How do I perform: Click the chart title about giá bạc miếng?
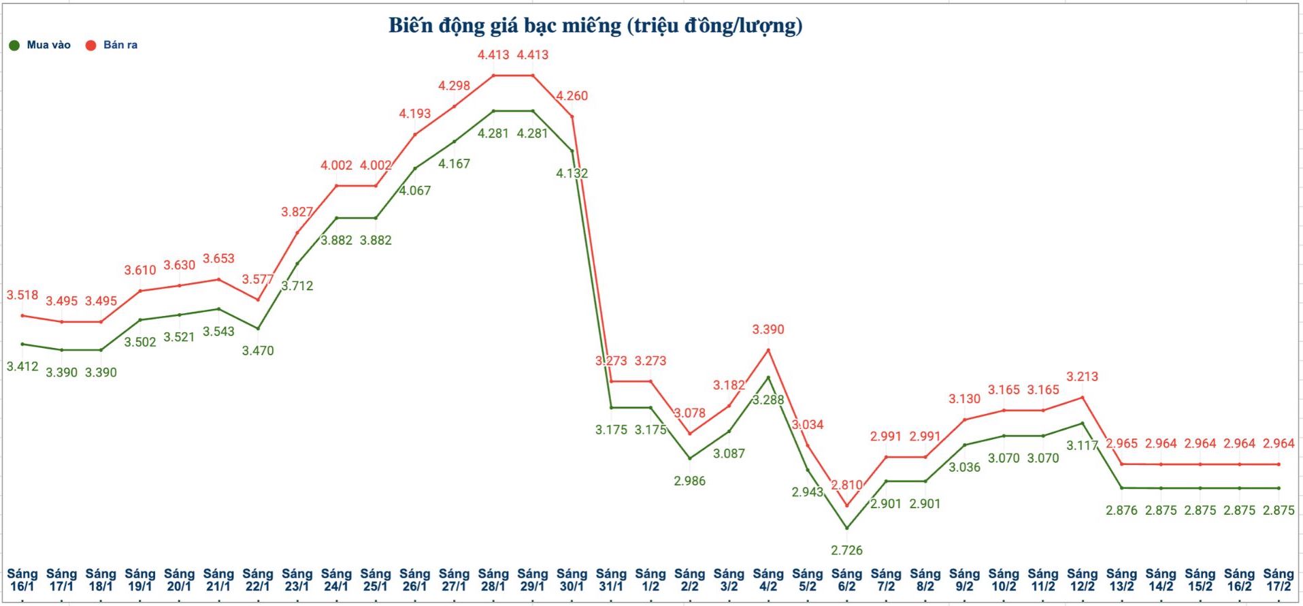(x=595, y=26)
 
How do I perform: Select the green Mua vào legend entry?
(x=41, y=45)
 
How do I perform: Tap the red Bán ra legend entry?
(x=112, y=45)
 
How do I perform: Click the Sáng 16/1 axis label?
(x=22, y=579)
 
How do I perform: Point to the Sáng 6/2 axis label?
(x=846, y=579)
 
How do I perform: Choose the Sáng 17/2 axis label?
(x=1279, y=579)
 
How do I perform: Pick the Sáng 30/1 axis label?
(x=572, y=579)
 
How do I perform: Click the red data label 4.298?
(x=454, y=86)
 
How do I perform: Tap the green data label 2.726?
(x=846, y=550)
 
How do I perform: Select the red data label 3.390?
(x=768, y=330)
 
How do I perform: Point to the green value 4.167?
(x=454, y=163)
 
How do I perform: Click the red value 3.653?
(x=218, y=259)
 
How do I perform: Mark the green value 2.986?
(x=689, y=481)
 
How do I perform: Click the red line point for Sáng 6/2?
(x=846, y=506)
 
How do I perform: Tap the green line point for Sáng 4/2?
(x=768, y=377)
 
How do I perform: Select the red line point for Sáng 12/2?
(x=1082, y=397)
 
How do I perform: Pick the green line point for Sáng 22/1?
(x=258, y=328)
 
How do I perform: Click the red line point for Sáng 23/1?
(x=297, y=233)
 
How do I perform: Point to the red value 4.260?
(x=572, y=96)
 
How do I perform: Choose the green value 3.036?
(x=964, y=467)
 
